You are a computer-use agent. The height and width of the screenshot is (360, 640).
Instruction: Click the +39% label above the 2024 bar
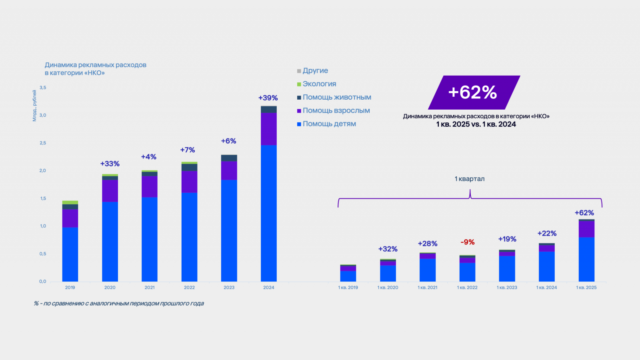coord(268,98)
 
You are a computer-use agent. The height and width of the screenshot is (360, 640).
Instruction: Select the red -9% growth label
coord(467,242)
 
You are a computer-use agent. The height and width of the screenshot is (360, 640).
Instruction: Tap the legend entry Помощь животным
coord(336,97)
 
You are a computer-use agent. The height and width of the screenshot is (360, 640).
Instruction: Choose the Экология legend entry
coord(319,84)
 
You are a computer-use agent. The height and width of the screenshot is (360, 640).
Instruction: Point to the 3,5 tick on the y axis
coord(43,88)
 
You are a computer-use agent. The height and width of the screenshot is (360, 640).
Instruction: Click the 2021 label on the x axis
coord(150,288)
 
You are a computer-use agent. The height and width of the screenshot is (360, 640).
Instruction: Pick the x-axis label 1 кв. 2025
coord(586,288)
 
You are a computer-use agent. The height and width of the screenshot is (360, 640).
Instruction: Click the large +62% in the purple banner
coord(473,92)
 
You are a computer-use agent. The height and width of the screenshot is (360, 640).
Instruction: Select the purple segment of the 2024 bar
coord(269,129)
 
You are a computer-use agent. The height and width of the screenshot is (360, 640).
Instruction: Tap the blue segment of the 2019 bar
coord(70,254)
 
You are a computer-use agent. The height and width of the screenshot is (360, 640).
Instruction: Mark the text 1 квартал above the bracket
coord(470,179)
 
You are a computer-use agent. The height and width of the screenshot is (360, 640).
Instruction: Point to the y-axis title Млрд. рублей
coord(34,106)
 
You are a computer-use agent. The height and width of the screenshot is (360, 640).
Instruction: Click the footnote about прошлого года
coord(119,304)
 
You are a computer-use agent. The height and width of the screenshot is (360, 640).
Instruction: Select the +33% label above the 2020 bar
coord(110,164)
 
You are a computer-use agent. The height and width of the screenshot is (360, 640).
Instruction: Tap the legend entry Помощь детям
coord(329,124)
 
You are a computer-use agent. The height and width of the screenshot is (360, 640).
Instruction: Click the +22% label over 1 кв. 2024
coord(547,234)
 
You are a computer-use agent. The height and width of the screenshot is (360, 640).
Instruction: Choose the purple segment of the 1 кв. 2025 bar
coord(586,229)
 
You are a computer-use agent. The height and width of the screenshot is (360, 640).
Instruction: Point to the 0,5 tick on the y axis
coord(43,254)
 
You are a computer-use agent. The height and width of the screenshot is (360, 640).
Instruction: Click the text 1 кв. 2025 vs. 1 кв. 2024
coord(476,124)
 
